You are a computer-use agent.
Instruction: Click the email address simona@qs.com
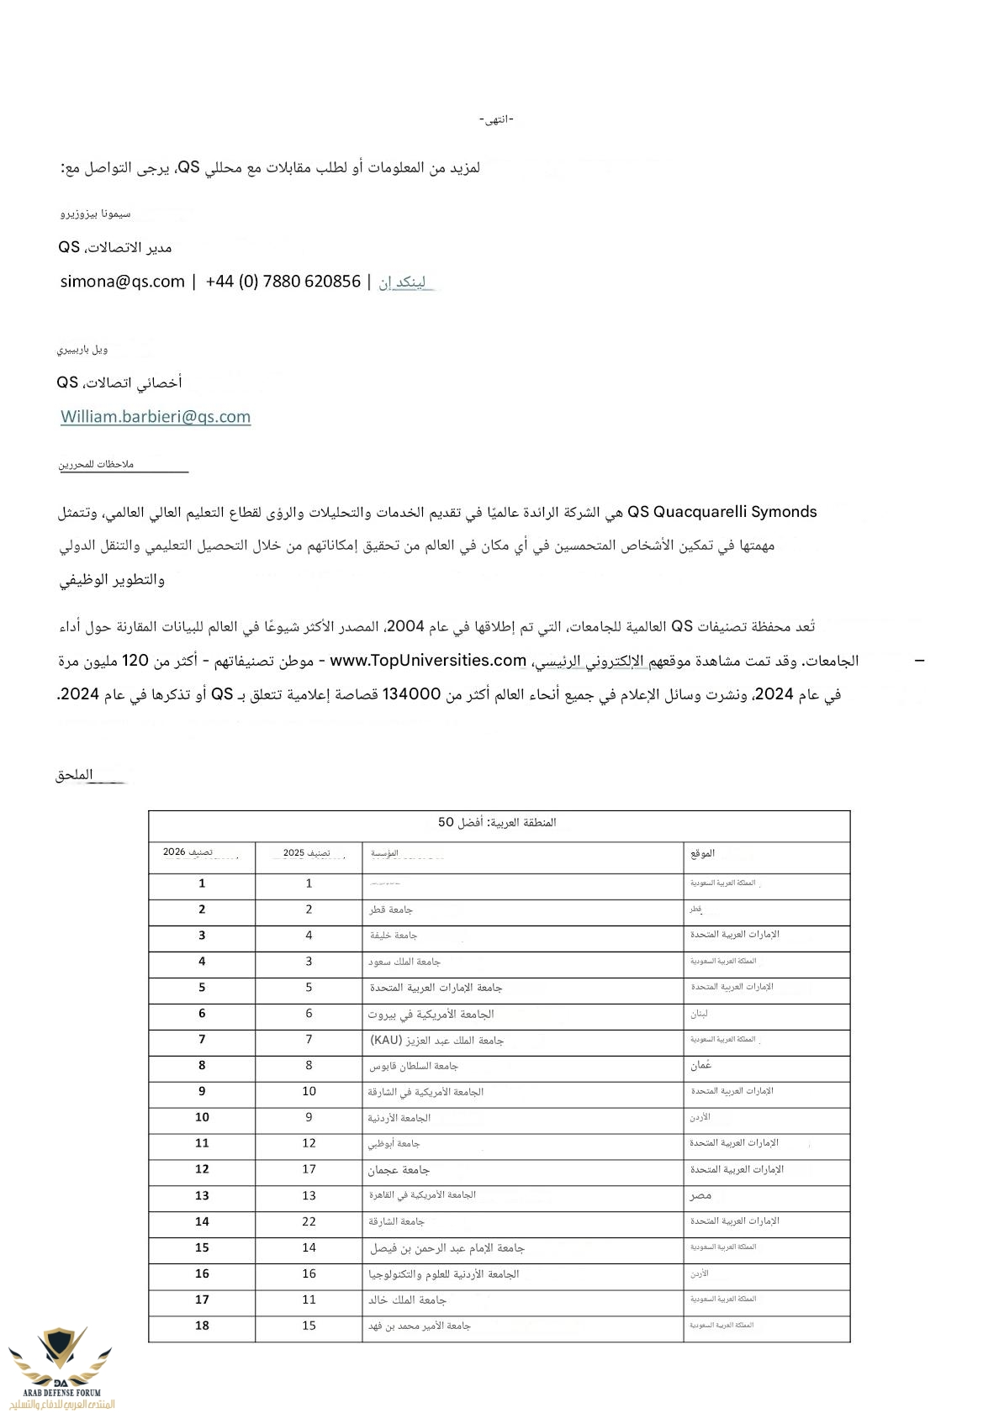[122, 282]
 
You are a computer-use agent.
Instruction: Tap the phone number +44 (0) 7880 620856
[283, 282]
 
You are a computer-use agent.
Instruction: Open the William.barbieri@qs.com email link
[156, 417]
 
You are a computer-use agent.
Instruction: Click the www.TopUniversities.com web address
[428, 661]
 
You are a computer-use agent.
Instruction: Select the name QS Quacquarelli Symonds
[722, 512]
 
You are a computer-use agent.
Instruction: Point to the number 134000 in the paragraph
[412, 694]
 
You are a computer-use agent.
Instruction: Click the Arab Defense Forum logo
[61, 1366]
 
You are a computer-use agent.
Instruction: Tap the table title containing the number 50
[497, 822]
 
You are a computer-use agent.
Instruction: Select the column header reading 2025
[307, 853]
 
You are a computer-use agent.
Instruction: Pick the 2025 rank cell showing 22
[309, 1222]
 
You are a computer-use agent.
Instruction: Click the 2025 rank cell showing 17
[309, 1169]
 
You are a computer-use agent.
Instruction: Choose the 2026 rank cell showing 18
[202, 1326]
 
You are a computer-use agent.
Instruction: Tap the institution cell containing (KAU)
[436, 1041]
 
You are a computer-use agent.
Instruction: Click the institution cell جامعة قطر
[391, 909]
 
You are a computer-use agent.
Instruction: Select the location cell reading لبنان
[700, 1014]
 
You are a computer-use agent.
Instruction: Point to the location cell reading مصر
[700, 1195]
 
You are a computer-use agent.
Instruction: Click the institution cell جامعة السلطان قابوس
[414, 1066]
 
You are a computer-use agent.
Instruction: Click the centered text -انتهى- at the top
[496, 119]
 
